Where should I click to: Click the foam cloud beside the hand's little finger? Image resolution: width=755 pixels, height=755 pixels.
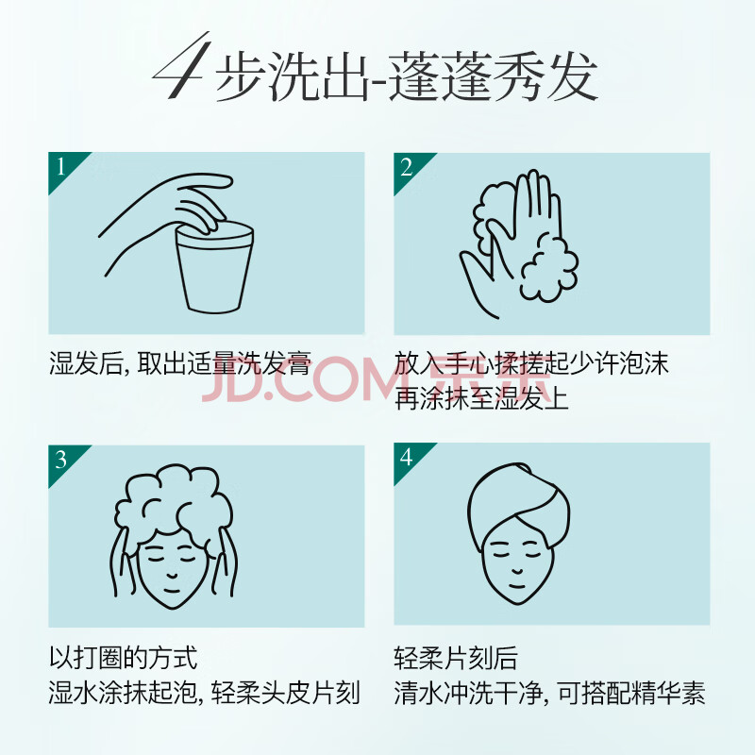click(549, 267)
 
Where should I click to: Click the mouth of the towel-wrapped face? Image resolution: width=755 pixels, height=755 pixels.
click(516, 586)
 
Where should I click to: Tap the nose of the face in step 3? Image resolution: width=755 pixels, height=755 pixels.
click(172, 574)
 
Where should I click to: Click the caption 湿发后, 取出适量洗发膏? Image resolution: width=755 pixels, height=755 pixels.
click(180, 363)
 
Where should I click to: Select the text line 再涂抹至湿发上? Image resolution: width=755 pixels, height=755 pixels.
click(481, 397)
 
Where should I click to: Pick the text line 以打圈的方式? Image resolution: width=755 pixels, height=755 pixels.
click(124, 657)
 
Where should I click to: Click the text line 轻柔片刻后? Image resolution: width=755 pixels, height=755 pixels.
click(456, 657)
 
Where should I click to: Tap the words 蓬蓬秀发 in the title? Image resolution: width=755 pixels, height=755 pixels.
click(493, 77)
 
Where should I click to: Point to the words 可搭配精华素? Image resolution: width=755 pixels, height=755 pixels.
click(631, 694)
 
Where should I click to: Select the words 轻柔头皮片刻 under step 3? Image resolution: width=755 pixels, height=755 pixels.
click(286, 694)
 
